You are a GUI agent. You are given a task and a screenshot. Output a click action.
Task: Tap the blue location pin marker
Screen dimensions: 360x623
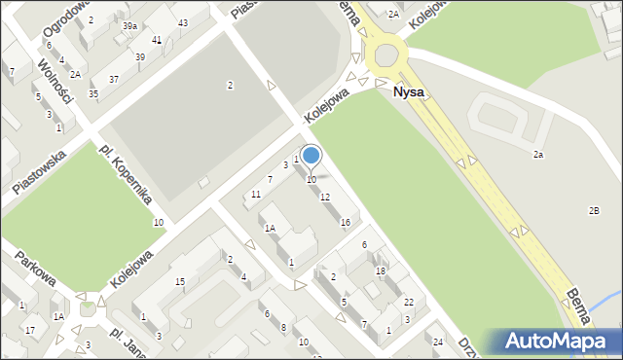tap(311, 156)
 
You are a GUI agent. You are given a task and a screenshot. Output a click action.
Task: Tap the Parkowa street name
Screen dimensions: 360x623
tap(33, 270)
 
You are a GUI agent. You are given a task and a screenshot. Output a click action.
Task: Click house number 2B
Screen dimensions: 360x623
tap(594, 211)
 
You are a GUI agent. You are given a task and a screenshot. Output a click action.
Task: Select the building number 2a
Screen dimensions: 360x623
tap(537, 155)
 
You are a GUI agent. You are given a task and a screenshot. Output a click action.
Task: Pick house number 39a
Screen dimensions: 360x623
tap(129, 26)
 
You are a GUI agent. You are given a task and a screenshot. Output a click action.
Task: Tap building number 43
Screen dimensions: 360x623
tap(183, 22)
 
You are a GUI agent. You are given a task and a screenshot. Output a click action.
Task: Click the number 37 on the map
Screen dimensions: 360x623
tap(114, 79)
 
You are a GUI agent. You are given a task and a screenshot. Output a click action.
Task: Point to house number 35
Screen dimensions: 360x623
tap(93, 93)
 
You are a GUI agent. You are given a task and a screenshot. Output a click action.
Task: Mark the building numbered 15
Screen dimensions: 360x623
tap(180, 282)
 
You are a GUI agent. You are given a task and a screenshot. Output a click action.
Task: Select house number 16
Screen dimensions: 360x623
tap(345, 223)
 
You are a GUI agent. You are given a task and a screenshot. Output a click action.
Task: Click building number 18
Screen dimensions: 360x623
tap(381, 270)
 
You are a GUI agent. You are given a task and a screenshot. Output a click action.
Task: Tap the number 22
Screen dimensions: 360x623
tap(409, 302)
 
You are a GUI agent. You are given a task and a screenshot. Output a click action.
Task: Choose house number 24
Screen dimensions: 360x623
tap(438, 342)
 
